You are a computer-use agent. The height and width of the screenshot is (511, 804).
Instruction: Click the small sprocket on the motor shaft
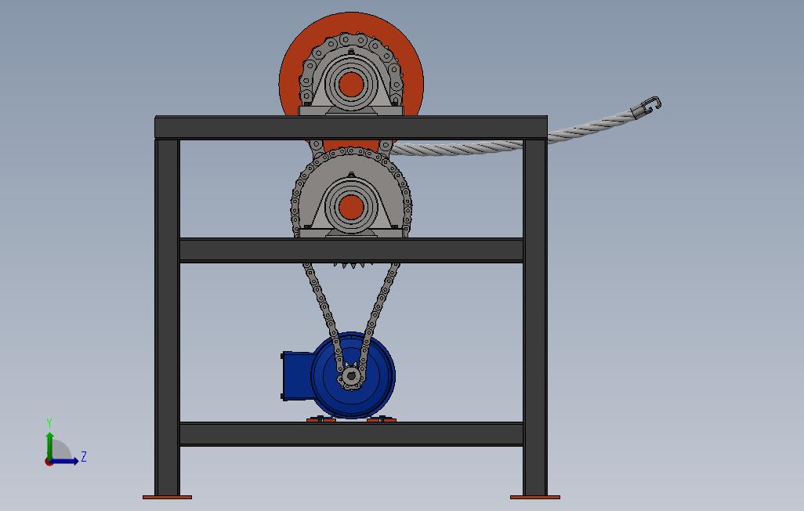click(x=350, y=378)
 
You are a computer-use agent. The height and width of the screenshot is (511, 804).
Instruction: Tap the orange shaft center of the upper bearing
click(x=350, y=84)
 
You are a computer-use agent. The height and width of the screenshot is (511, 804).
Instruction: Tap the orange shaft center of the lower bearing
click(x=350, y=207)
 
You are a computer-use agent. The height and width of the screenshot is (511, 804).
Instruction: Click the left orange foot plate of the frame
click(x=167, y=497)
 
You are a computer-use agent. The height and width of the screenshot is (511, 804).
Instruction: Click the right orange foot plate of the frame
click(x=535, y=497)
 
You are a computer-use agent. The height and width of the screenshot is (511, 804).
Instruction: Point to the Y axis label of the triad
click(x=49, y=423)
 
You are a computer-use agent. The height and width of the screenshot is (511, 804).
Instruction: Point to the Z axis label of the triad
click(x=84, y=457)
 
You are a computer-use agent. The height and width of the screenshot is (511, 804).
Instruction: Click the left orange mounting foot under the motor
click(x=321, y=420)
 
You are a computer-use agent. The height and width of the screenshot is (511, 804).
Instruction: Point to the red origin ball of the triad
click(x=49, y=462)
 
